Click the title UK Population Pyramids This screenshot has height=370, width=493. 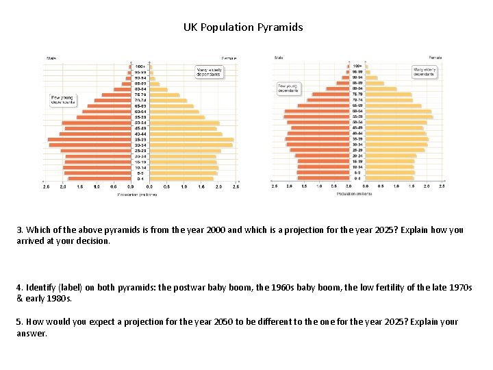[243, 28]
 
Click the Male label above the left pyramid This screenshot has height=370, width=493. [51, 58]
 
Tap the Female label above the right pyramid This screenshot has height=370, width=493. [435, 57]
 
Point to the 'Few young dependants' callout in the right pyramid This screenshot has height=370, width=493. [288, 88]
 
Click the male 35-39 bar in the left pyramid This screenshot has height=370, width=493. [89, 139]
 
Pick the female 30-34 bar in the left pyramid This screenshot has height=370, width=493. [191, 145]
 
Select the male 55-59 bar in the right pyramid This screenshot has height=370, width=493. [316, 116]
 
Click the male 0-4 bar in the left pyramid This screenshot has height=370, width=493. [99, 178]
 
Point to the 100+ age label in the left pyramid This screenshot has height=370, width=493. [139, 66]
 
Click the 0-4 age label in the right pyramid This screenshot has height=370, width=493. [357, 178]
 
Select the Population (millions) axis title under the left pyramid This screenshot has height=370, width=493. [137, 195]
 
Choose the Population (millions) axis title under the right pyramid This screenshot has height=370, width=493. [355, 193]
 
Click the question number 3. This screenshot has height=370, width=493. [20, 230]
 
